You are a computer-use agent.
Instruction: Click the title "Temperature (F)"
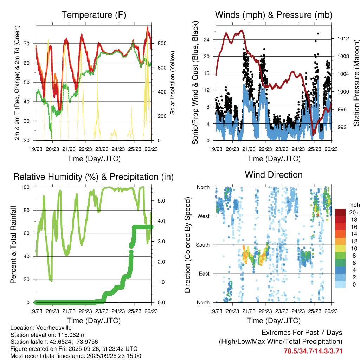(x=94, y=15)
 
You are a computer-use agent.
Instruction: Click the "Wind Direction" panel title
(x=274, y=174)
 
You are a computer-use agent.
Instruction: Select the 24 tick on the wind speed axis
(x=207, y=40)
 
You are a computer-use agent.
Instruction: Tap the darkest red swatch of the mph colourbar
(x=340, y=212)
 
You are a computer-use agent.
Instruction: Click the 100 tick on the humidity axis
(x=27, y=187)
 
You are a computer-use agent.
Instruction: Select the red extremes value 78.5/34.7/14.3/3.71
(x=313, y=351)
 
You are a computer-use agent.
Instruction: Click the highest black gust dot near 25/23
(x=318, y=34)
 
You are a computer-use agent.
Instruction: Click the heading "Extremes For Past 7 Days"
(x=302, y=333)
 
